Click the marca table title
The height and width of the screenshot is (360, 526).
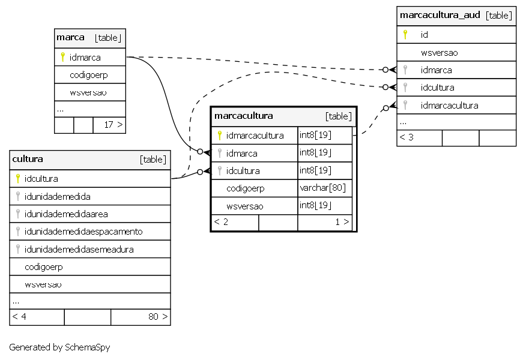(x=70, y=37)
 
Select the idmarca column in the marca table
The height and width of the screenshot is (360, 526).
(x=85, y=58)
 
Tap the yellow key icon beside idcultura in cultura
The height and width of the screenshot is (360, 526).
(x=18, y=179)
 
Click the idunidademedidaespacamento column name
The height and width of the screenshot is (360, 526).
(x=83, y=232)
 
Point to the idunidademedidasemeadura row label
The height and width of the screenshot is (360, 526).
(x=79, y=250)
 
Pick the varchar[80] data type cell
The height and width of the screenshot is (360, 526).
(x=322, y=188)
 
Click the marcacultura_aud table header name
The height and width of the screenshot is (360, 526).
(x=440, y=15)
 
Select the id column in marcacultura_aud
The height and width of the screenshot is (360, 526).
(x=425, y=35)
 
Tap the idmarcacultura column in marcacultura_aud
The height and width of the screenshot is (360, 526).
(x=450, y=106)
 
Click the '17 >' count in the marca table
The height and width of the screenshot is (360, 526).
(x=113, y=125)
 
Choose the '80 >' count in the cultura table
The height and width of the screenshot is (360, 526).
(x=158, y=317)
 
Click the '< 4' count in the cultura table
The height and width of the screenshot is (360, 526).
(x=19, y=317)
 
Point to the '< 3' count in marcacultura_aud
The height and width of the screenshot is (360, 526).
(x=407, y=137)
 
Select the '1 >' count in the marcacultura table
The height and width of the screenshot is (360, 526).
(x=342, y=222)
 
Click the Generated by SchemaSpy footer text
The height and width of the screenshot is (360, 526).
(x=59, y=347)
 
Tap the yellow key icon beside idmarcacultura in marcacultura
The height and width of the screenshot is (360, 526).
(x=219, y=136)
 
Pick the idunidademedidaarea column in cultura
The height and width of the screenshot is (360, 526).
(x=66, y=214)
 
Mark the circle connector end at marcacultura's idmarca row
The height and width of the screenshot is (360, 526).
(x=200, y=152)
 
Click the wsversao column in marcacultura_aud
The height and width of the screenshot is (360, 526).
(x=440, y=53)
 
